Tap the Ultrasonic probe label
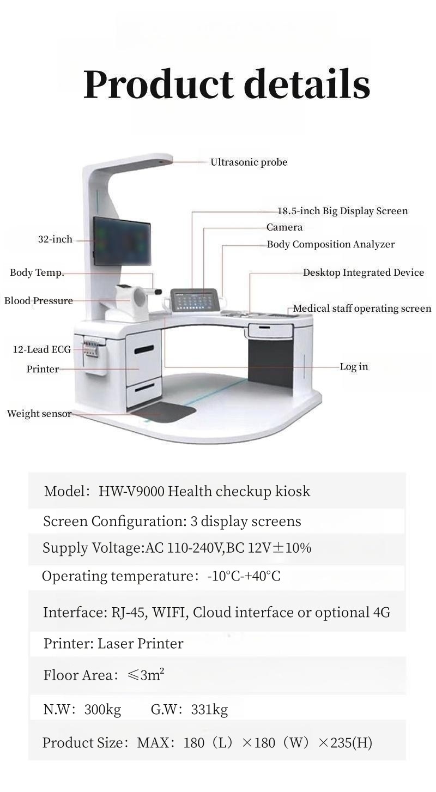click(x=249, y=162)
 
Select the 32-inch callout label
click(x=55, y=239)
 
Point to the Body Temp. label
click(x=37, y=273)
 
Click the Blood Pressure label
click(x=38, y=301)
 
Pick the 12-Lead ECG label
click(x=42, y=349)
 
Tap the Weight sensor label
click(x=39, y=414)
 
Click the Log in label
click(x=354, y=367)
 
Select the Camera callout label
click(x=284, y=227)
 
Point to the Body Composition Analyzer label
click(x=330, y=244)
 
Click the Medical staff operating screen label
click(x=362, y=309)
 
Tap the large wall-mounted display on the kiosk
click(x=122, y=241)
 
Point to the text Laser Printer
click(x=140, y=644)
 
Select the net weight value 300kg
click(x=102, y=710)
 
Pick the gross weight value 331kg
click(x=209, y=710)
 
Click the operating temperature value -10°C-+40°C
click(x=244, y=576)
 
